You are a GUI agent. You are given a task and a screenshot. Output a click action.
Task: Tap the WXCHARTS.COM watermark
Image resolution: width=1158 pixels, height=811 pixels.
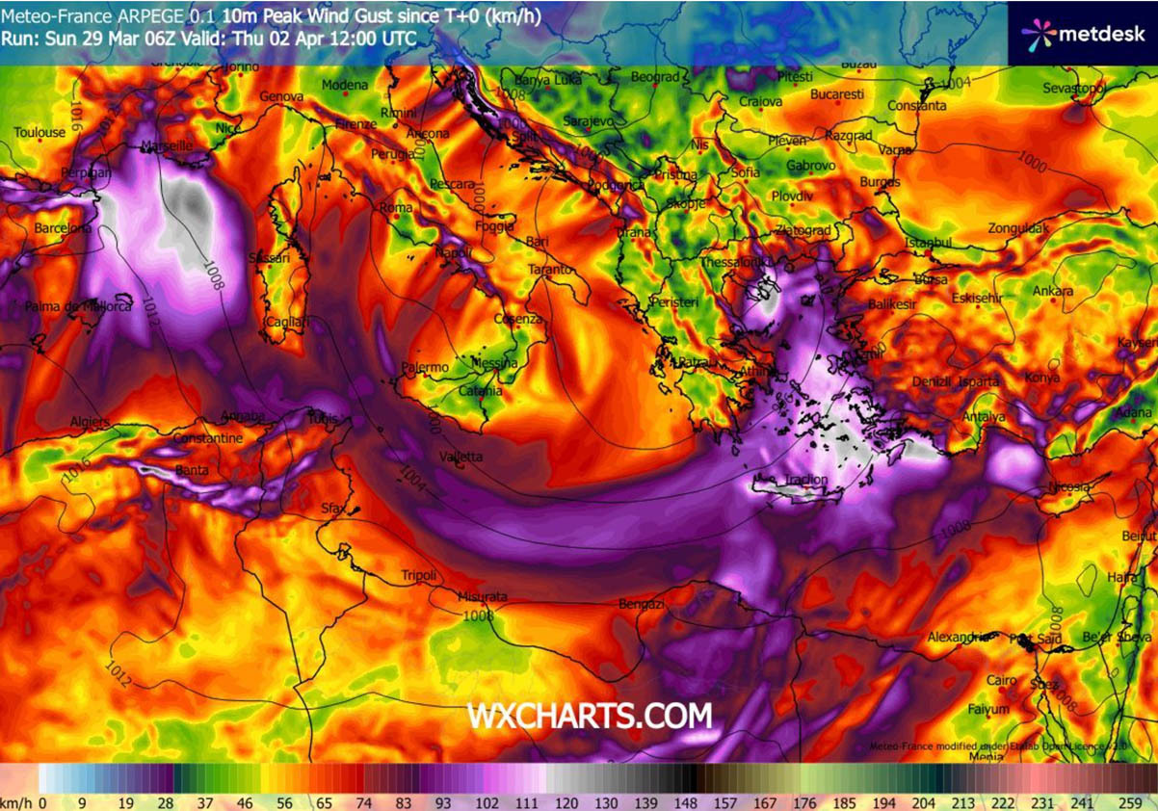[590, 716]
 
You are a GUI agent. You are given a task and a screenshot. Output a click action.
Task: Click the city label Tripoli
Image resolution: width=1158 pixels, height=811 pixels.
[418, 575]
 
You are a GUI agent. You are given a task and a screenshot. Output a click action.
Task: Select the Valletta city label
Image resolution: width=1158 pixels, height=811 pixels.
[461, 457]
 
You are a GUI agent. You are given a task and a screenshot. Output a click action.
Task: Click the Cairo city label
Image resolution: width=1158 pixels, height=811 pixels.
[1002, 680]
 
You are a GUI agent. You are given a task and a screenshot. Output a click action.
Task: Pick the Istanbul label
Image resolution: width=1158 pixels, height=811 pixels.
[929, 243]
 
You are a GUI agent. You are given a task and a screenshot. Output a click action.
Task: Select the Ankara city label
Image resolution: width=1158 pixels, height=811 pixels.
[1053, 291]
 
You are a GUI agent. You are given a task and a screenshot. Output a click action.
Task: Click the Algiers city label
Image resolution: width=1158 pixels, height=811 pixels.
[91, 422]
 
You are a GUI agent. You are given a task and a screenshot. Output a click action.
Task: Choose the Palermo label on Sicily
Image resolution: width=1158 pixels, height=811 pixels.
[425, 367]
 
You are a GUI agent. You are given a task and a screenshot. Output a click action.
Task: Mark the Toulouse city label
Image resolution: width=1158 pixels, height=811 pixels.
[40, 132]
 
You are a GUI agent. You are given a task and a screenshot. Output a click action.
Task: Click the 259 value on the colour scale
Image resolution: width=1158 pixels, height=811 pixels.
[1130, 801]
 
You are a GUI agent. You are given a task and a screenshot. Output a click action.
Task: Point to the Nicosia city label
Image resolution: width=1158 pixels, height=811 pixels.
[1071, 485]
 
